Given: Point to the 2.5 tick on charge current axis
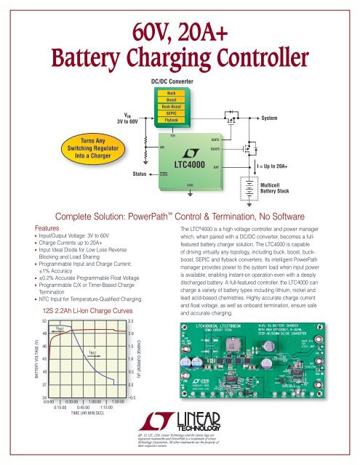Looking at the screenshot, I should [130, 320].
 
